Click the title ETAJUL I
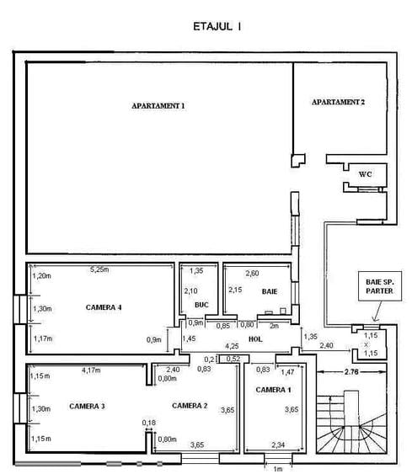tap(217, 27)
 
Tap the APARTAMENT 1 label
tap(158, 106)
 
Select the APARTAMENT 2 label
tap(338, 102)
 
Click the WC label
tap(365, 174)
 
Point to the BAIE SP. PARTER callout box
tap(380, 286)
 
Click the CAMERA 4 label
tap(104, 307)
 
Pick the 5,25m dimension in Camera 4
tap(99, 269)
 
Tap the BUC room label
tap(201, 305)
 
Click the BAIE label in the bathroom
tap(270, 291)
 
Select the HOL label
tap(255, 339)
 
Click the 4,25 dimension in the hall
tap(232, 346)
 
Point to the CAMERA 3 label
tap(87, 406)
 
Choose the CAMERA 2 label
tap(190, 405)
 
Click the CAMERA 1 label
tap(274, 390)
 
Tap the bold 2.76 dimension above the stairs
tap(351, 371)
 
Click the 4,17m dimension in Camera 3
tap(91, 370)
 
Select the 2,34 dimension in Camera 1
tap(278, 445)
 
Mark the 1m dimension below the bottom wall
tap(278, 469)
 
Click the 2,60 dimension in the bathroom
tap(252, 274)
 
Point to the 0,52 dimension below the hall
tap(233, 359)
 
